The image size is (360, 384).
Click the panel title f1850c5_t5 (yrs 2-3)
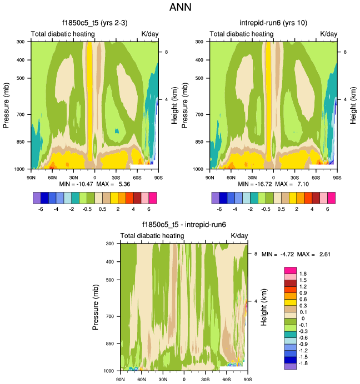click(95, 23)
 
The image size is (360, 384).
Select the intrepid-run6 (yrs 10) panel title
click(274, 23)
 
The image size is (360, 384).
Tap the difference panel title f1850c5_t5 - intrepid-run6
click(184, 225)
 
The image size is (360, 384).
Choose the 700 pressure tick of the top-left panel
click(23, 114)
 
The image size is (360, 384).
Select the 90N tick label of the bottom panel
click(121, 380)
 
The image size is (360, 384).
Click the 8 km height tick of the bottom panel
click(255, 254)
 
